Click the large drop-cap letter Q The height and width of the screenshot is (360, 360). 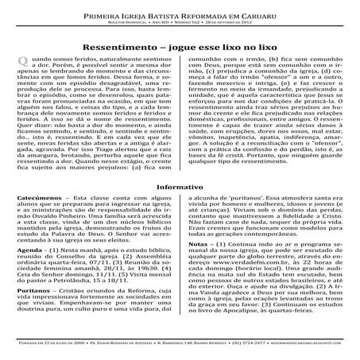[x=23, y=68]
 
